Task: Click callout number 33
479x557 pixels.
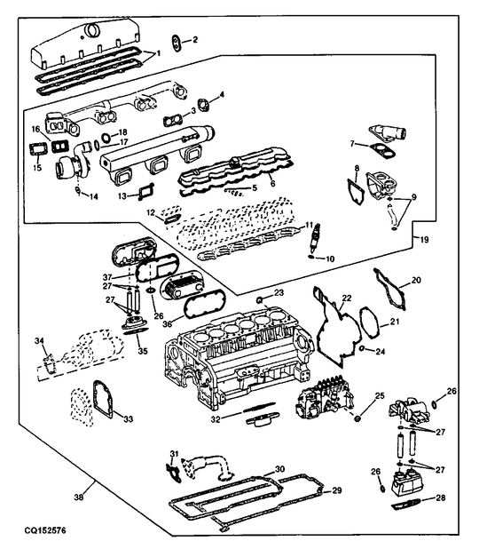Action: (128, 418)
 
